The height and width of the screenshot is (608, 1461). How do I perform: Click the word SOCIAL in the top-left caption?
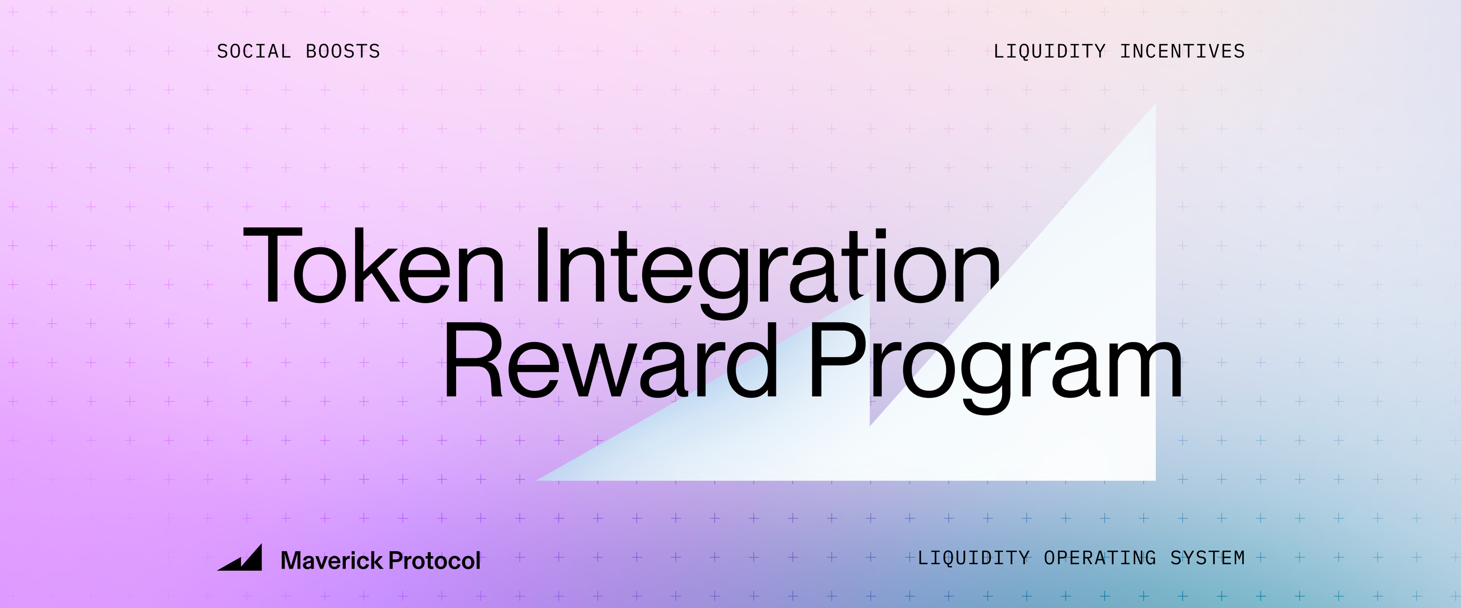pos(253,52)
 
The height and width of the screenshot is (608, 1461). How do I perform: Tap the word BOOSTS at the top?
pos(342,52)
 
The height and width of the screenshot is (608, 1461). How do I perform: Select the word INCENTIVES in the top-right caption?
pos(1182,52)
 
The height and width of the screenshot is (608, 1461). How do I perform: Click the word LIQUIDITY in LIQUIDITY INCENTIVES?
pos(1049,52)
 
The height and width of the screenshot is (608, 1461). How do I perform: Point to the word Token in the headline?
pos(374,266)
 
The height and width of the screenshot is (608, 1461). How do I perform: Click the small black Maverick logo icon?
pos(241,558)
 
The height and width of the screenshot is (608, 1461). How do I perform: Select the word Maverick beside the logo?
pos(332,560)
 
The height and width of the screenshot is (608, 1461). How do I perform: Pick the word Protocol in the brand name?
pos(434,560)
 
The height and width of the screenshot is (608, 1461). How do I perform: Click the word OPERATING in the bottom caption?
pos(1100,558)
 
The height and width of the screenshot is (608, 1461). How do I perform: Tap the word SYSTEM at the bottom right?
pos(1208,558)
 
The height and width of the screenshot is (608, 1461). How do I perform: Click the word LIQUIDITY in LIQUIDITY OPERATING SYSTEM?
pos(973,558)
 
